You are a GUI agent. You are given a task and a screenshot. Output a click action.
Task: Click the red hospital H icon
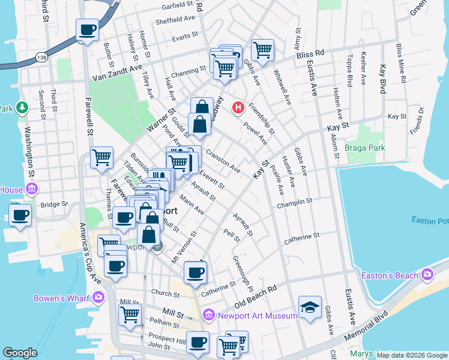point(239,108)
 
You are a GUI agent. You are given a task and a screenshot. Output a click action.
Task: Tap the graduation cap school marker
point(310,307)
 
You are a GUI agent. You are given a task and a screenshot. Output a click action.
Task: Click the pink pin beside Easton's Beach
point(427,275)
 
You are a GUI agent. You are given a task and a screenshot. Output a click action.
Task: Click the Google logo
point(20,353)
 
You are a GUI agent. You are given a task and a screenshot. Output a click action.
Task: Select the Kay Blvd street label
point(382,75)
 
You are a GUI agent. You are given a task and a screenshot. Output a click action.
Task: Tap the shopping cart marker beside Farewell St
point(101,158)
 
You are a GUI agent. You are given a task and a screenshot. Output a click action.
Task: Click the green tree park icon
point(23,107)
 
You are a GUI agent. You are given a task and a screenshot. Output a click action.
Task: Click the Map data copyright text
point(411,355)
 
